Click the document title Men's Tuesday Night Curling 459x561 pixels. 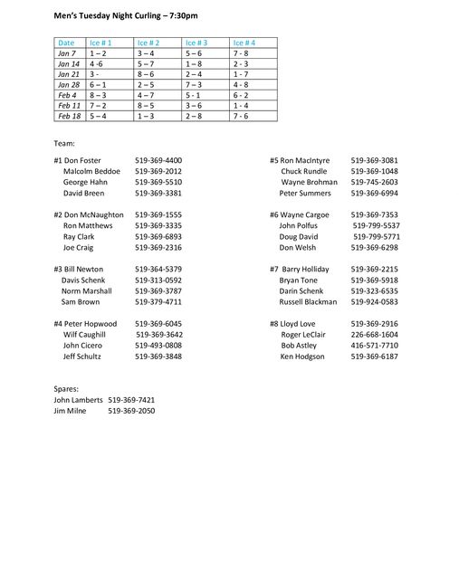(x=126, y=16)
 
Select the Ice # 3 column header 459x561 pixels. (x=196, y=43)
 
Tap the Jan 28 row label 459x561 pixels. (x=68, y=84)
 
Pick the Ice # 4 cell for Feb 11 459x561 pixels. (x=240, y=105)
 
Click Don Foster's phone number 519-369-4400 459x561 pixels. (x=158, y=160)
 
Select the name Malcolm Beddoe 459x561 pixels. (x=91, y=171)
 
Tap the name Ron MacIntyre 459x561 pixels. (x=300, y=160)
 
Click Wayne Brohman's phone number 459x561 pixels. (x=375, y=182)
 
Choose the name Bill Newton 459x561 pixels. (x=79, y=269)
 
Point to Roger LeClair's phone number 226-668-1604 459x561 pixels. (x=375, y=335)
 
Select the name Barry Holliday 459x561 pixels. (x=300, y=269)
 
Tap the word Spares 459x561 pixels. (x=66, y=388)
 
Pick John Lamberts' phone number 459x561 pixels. (x=131, y=399)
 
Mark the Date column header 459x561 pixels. (x=66, y=43)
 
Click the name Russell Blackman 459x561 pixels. (x=308, y=302)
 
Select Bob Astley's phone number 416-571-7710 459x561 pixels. (x=375, y=346)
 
